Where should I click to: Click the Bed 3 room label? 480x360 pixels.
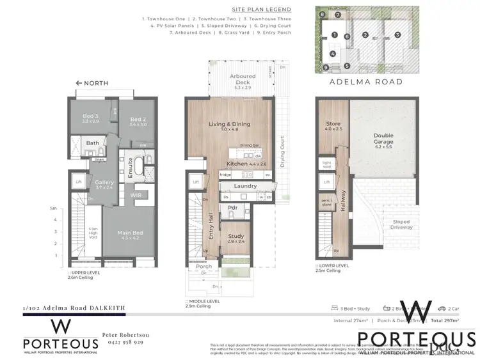90,118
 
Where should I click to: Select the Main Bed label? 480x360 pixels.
129,233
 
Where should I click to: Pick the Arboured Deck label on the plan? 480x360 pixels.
242,79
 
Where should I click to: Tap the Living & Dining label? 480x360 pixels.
229,124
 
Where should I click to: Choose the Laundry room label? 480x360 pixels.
245,186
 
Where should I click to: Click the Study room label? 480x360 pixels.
236,237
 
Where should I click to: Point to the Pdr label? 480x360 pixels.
233,208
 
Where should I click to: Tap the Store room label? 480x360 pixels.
333,123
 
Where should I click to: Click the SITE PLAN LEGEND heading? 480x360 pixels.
262,10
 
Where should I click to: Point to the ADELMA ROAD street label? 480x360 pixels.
365,82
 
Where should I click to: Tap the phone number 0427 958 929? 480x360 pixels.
125,343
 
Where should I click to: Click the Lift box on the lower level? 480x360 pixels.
326,182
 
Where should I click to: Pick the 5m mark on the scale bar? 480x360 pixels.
55,208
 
